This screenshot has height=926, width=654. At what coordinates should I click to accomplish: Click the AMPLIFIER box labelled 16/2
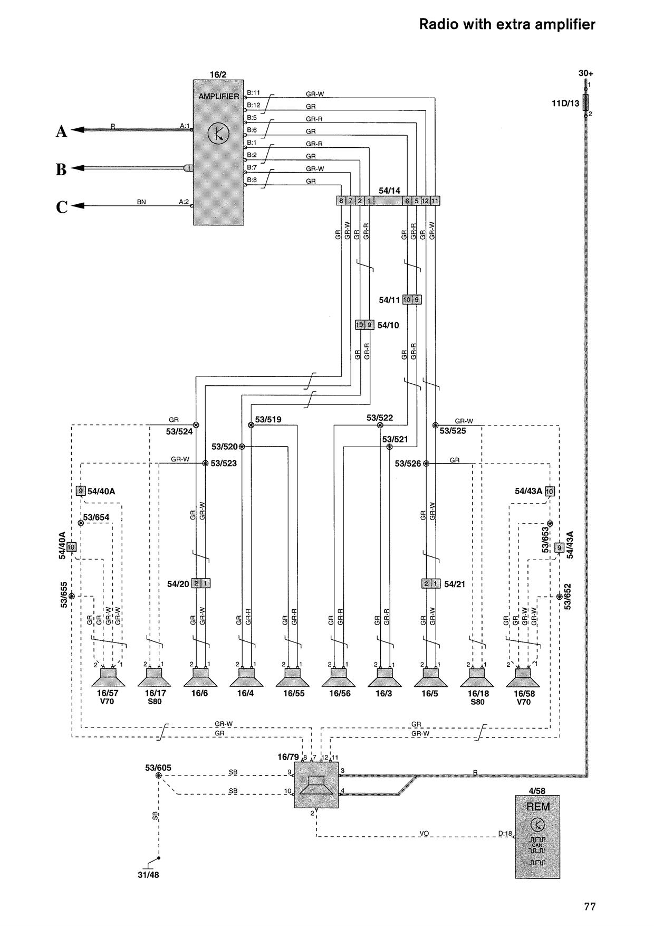click(218, 153)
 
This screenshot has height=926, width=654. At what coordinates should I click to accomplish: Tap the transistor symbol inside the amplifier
click(218, 134)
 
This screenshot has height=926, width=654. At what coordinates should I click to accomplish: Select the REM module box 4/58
click(537, 837)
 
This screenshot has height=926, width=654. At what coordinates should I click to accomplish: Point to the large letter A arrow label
click(62, 131)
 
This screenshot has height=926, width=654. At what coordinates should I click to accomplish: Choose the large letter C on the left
click(62, 207)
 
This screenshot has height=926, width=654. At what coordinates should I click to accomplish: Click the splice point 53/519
click(251, 425)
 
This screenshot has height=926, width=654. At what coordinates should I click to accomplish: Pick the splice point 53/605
click(159, 776)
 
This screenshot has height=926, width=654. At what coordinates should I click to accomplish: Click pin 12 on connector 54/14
click(425, 201)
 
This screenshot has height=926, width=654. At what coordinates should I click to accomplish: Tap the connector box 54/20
click(201, 583)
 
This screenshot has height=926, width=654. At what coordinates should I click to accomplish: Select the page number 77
click(590, 906)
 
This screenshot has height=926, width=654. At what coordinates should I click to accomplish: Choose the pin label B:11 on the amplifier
click(254, 92)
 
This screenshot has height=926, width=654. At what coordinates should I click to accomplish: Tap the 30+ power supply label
click(586, 73)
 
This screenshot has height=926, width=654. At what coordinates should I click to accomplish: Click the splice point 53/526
click(426, 464)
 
